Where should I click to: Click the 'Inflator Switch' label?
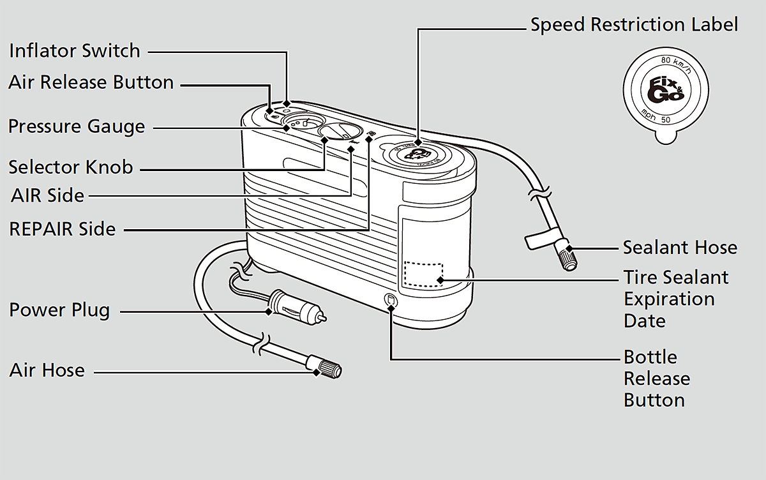pyautogui.click(x=74, y=50)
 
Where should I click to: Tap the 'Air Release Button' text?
pyautogui.click(x=91, y=82)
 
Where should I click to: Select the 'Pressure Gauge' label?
pyautogui.click(x=77, y=126)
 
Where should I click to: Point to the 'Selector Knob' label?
pyautogui.click(x=70, y=167)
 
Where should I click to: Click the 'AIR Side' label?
pyautogui.click(x=48, y=195)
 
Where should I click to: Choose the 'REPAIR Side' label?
pyautogui.click(x=63, y=229)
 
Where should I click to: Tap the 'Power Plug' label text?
pyautogui.click(x=59, y=310)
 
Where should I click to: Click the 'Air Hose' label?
pyautogui.click(x=47, y=370)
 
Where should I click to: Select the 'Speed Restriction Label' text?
pyautogui.click(x=634, y=25)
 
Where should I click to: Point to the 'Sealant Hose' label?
pyautogui.click(x=680, y=248)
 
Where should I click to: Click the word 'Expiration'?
pyautogui.click(x=669, y=299)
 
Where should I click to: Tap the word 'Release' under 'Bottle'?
pyautogui.click(x=657, y=379)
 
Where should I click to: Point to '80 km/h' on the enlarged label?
pyautogui.click(x=675, y=62)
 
